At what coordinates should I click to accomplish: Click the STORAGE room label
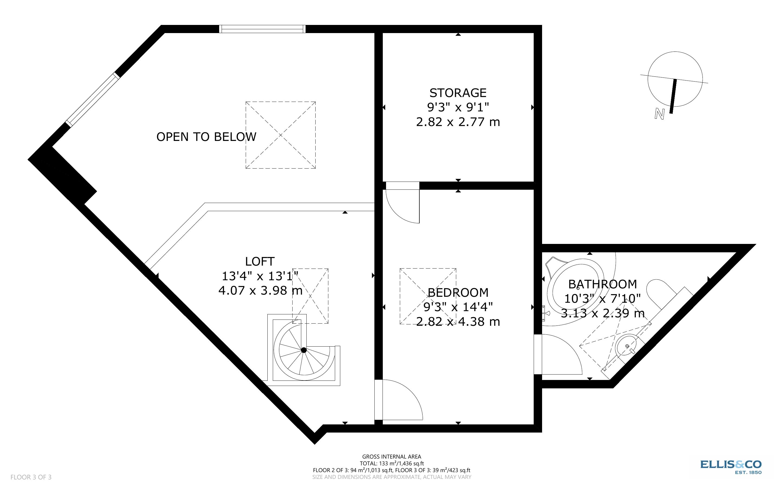[458, 93]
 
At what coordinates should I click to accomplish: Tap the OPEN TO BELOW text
[206, 137]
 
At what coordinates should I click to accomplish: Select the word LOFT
[260, 261]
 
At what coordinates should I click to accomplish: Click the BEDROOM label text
[458, 292]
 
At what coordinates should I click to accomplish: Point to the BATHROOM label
[602, 284]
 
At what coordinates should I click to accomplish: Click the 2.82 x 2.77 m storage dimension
[458, 122]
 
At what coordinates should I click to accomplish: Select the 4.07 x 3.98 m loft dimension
[260, 290]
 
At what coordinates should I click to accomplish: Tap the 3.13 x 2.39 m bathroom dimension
[602, 313]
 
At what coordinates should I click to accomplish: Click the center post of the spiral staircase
[304, 350]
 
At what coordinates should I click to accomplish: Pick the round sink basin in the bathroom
[627, 346]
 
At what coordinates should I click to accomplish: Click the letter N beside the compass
[659, 114]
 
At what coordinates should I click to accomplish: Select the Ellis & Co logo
[731, 467]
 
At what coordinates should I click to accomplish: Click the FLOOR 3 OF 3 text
[31, 477]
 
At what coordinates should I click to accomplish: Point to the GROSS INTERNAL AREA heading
[391, 457]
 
